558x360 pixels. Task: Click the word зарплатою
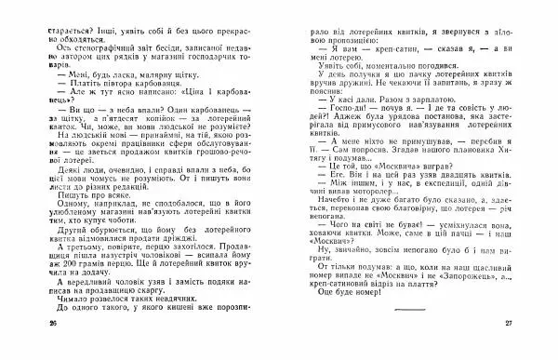click(x=437, y=103)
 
